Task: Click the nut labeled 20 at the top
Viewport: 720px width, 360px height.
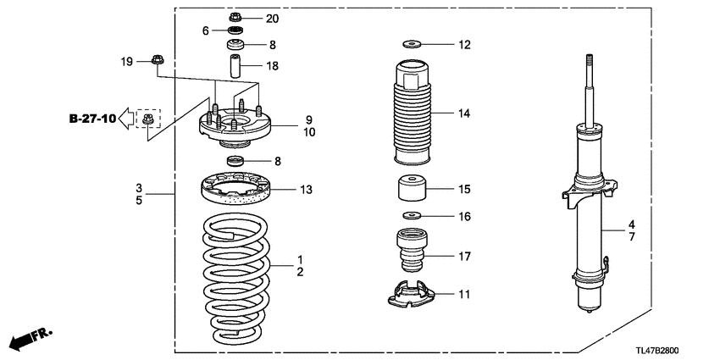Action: (235, 18)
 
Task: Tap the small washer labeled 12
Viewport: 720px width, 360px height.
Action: (412, 44)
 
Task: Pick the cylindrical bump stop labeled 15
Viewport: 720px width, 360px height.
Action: (411, 189)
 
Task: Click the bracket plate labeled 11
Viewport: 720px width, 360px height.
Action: (410, 295)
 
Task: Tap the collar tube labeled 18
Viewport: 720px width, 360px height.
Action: (235, 65)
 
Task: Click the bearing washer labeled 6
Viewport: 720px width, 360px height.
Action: (235, 31)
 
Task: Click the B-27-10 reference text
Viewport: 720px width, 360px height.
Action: (92, 118)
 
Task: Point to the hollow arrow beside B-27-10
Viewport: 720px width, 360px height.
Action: (126, 118)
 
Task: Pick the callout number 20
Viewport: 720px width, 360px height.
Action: (271, 18)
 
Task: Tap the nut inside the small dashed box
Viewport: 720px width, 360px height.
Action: (149, 119)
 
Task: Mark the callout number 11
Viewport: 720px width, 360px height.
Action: (463, 295)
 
